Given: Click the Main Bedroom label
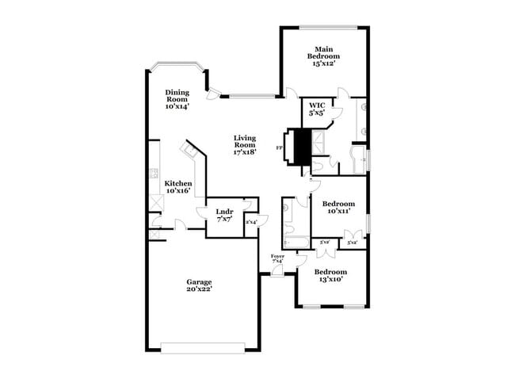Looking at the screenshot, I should point(324,52).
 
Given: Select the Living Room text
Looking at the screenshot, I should point(244,141).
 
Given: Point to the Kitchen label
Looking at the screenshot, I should point(177,183).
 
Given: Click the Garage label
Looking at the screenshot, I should point(199,281).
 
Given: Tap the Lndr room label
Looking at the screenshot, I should point(224,211).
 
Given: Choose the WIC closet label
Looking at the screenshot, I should point(317,105).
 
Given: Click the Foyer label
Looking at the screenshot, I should point(277,256).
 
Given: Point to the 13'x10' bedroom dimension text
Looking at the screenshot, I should point(330,279).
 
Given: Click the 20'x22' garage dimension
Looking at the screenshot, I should point(199,289).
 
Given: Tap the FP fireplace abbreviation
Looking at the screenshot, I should point(279,147).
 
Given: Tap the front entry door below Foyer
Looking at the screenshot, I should point(277,270).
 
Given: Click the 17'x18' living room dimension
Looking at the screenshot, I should point(244,152).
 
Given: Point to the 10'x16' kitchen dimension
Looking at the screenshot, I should point(177,191).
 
